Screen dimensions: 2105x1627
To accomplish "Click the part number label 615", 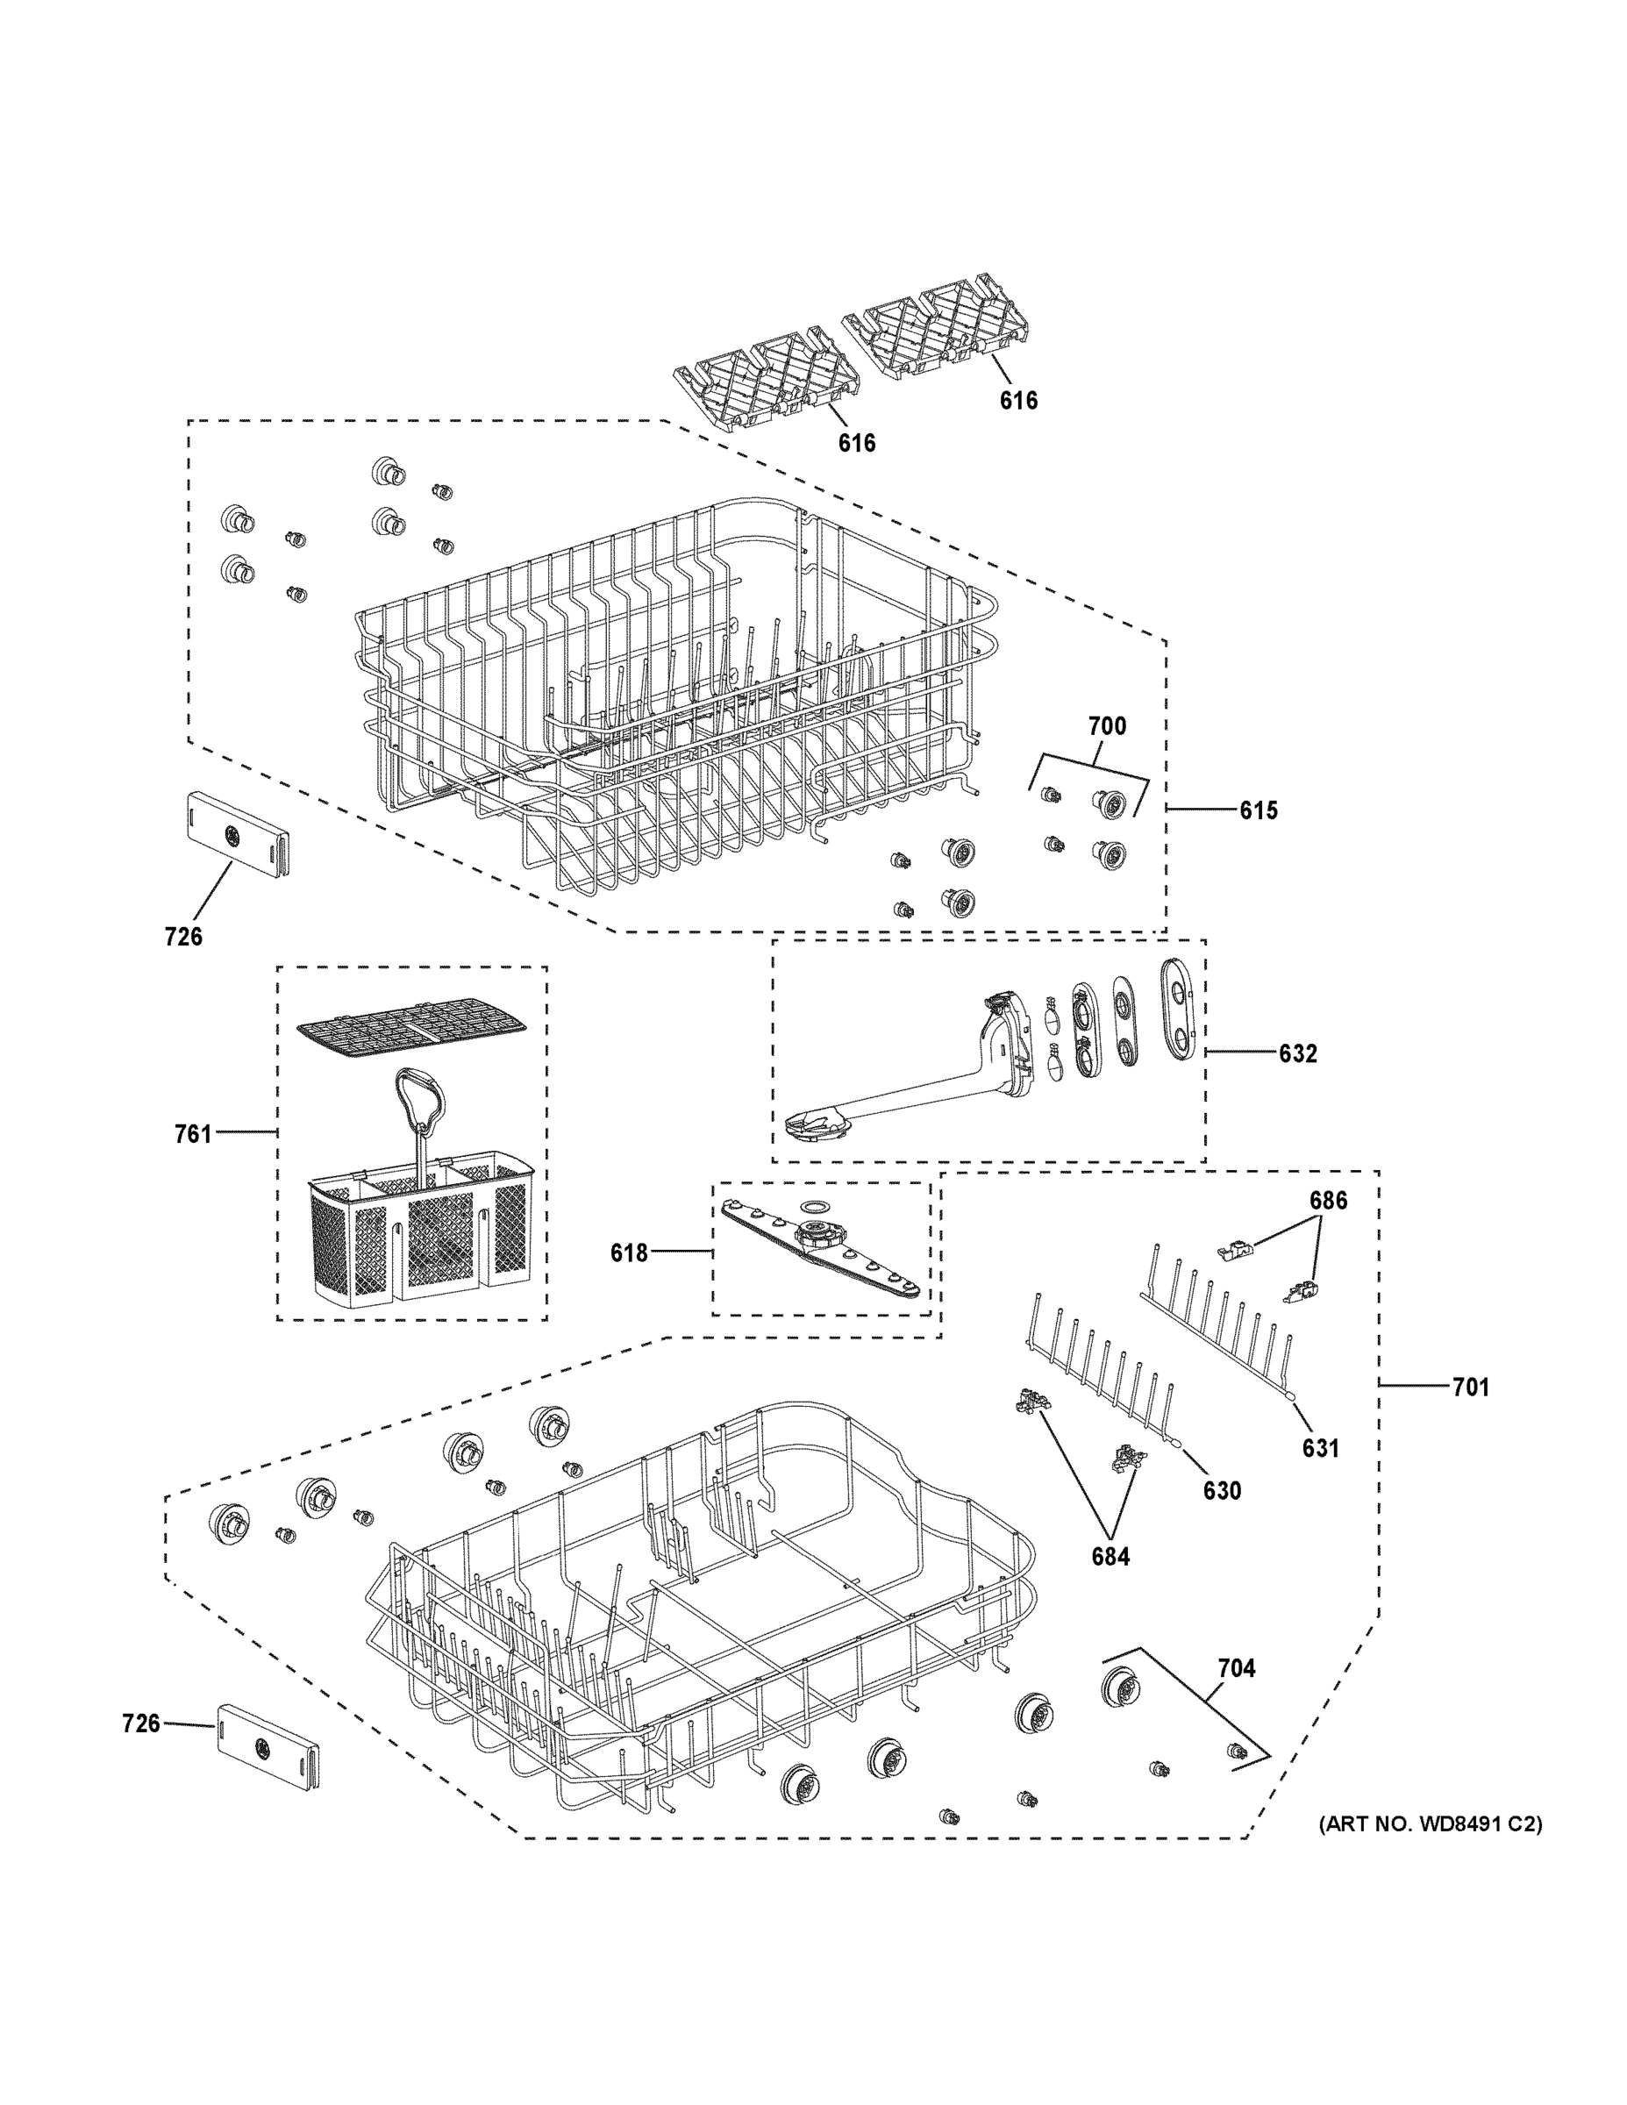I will [1258, 810].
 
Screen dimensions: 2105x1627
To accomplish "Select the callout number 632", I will [1297, 1053].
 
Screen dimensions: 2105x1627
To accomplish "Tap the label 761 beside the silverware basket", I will [193, 1134].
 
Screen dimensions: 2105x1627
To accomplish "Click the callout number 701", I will [1470, 1387].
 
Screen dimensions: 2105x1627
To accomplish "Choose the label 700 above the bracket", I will [1107, 725].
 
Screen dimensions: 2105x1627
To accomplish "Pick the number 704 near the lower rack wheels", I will [1236, 1668].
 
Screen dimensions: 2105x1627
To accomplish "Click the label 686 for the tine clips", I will [1327, 1201].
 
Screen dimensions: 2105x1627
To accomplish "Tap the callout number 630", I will [1221, 1491].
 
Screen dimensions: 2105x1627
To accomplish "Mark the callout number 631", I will [1321, 1448].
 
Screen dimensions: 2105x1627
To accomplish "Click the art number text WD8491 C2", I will [1431, 1824].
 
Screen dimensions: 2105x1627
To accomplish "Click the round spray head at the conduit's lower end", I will [815, 1124].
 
